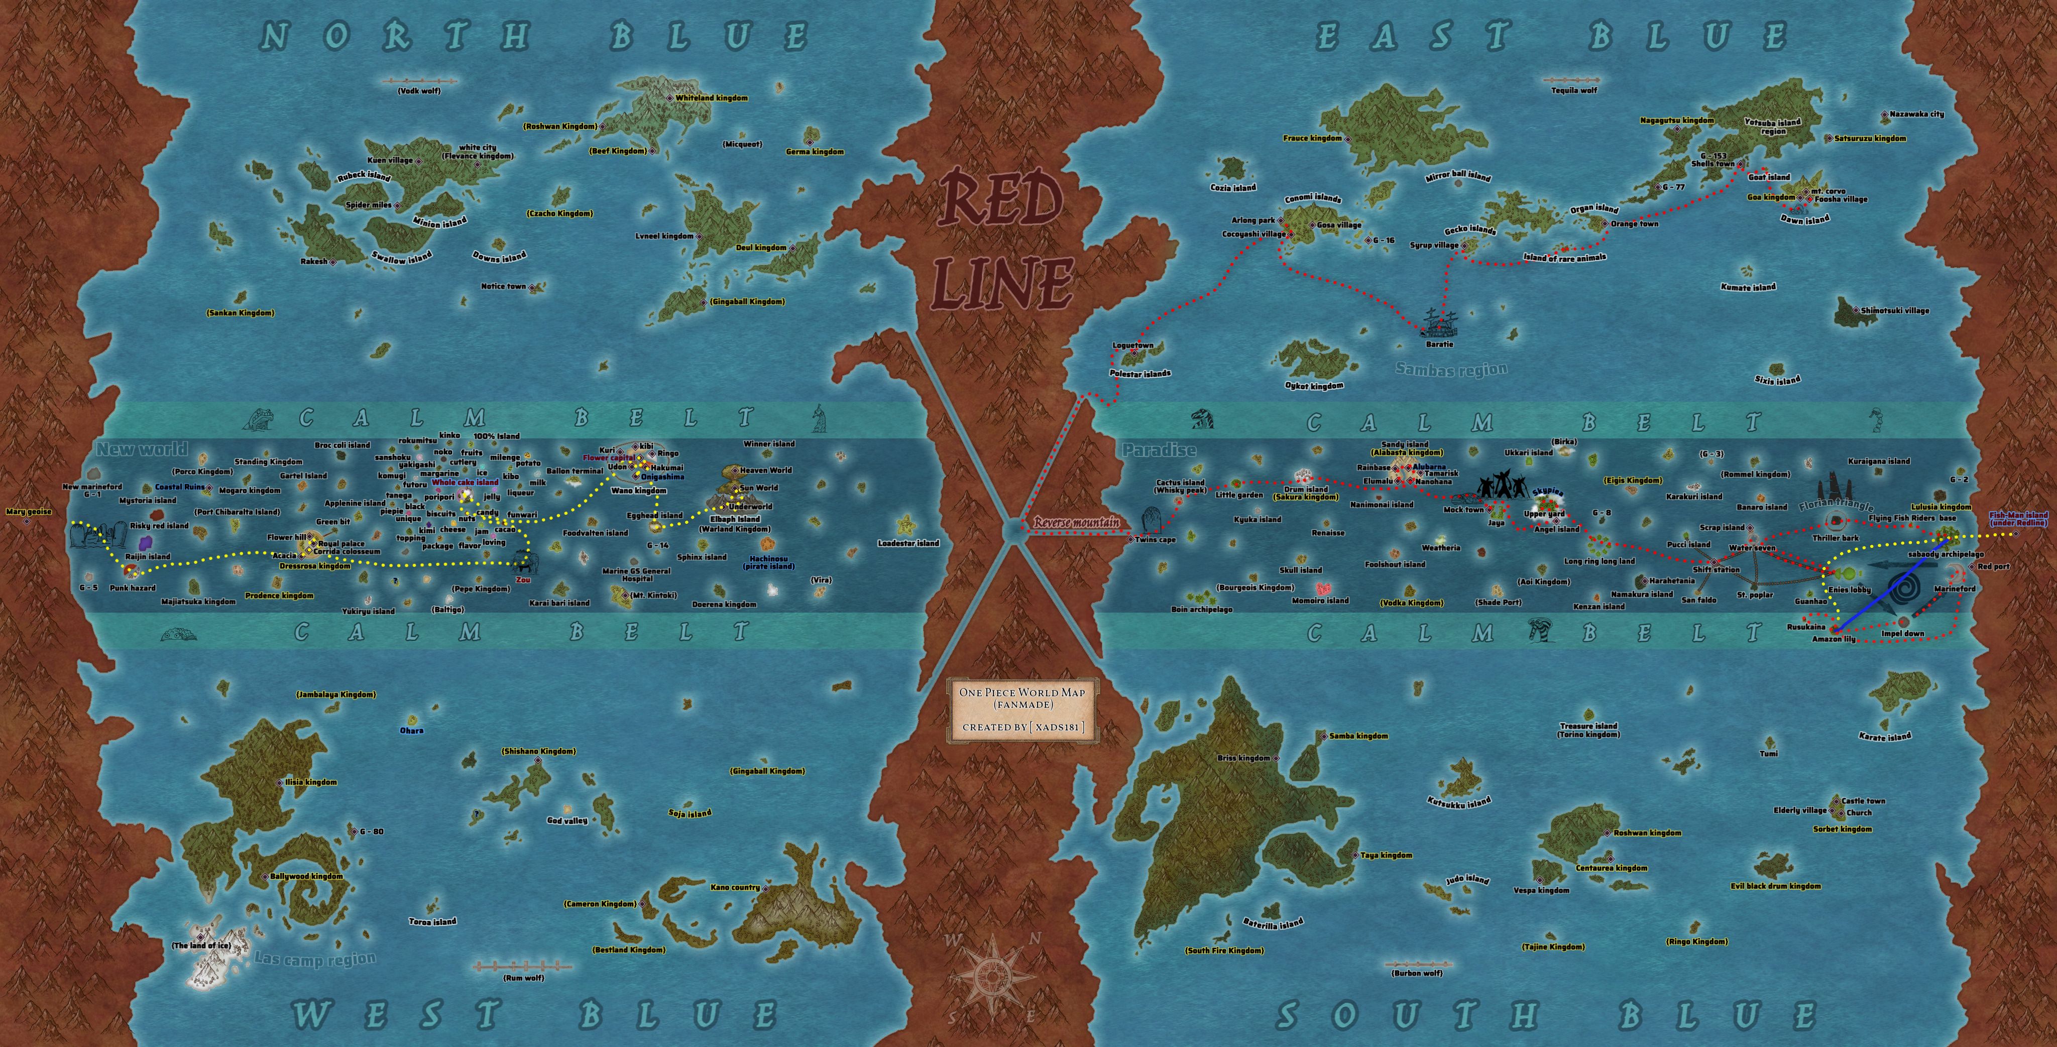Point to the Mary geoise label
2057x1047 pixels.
28,512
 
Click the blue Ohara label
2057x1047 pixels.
411,730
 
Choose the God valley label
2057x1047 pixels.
567,820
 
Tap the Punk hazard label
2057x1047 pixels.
133,588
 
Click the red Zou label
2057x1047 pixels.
523,580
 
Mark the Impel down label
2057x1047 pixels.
1903,633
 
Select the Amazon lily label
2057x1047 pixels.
1834,639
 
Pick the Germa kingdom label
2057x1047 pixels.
815,152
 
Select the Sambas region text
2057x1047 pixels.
1451,369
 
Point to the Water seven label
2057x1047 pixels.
1752,548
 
